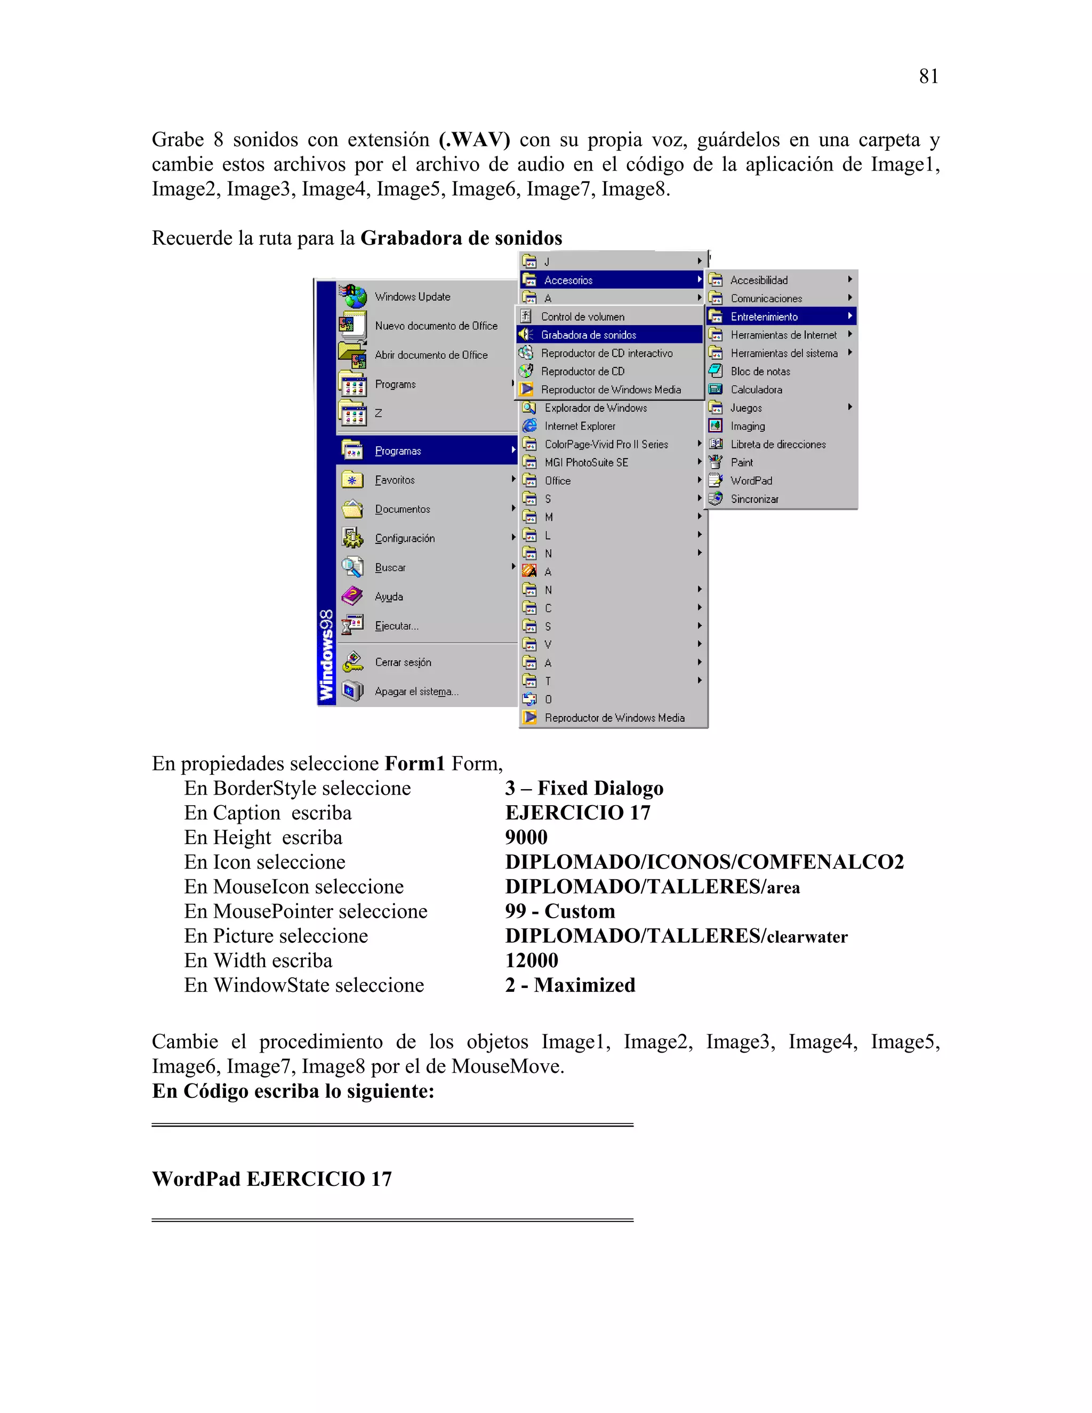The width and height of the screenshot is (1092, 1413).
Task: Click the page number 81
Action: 928,76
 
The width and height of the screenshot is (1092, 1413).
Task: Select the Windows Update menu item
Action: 412,297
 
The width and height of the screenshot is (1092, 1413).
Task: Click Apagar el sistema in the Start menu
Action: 416,692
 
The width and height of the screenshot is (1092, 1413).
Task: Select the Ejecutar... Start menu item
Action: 397,625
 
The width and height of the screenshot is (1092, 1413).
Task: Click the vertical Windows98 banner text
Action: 327,655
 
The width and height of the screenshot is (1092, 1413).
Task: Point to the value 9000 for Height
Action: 526,837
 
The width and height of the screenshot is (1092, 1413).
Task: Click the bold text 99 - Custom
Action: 559,911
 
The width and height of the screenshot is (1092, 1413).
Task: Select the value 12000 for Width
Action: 531,960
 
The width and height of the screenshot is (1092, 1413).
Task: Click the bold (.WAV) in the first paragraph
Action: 474,140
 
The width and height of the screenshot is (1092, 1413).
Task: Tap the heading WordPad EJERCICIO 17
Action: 272,1179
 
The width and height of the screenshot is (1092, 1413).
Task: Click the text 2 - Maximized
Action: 570,985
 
